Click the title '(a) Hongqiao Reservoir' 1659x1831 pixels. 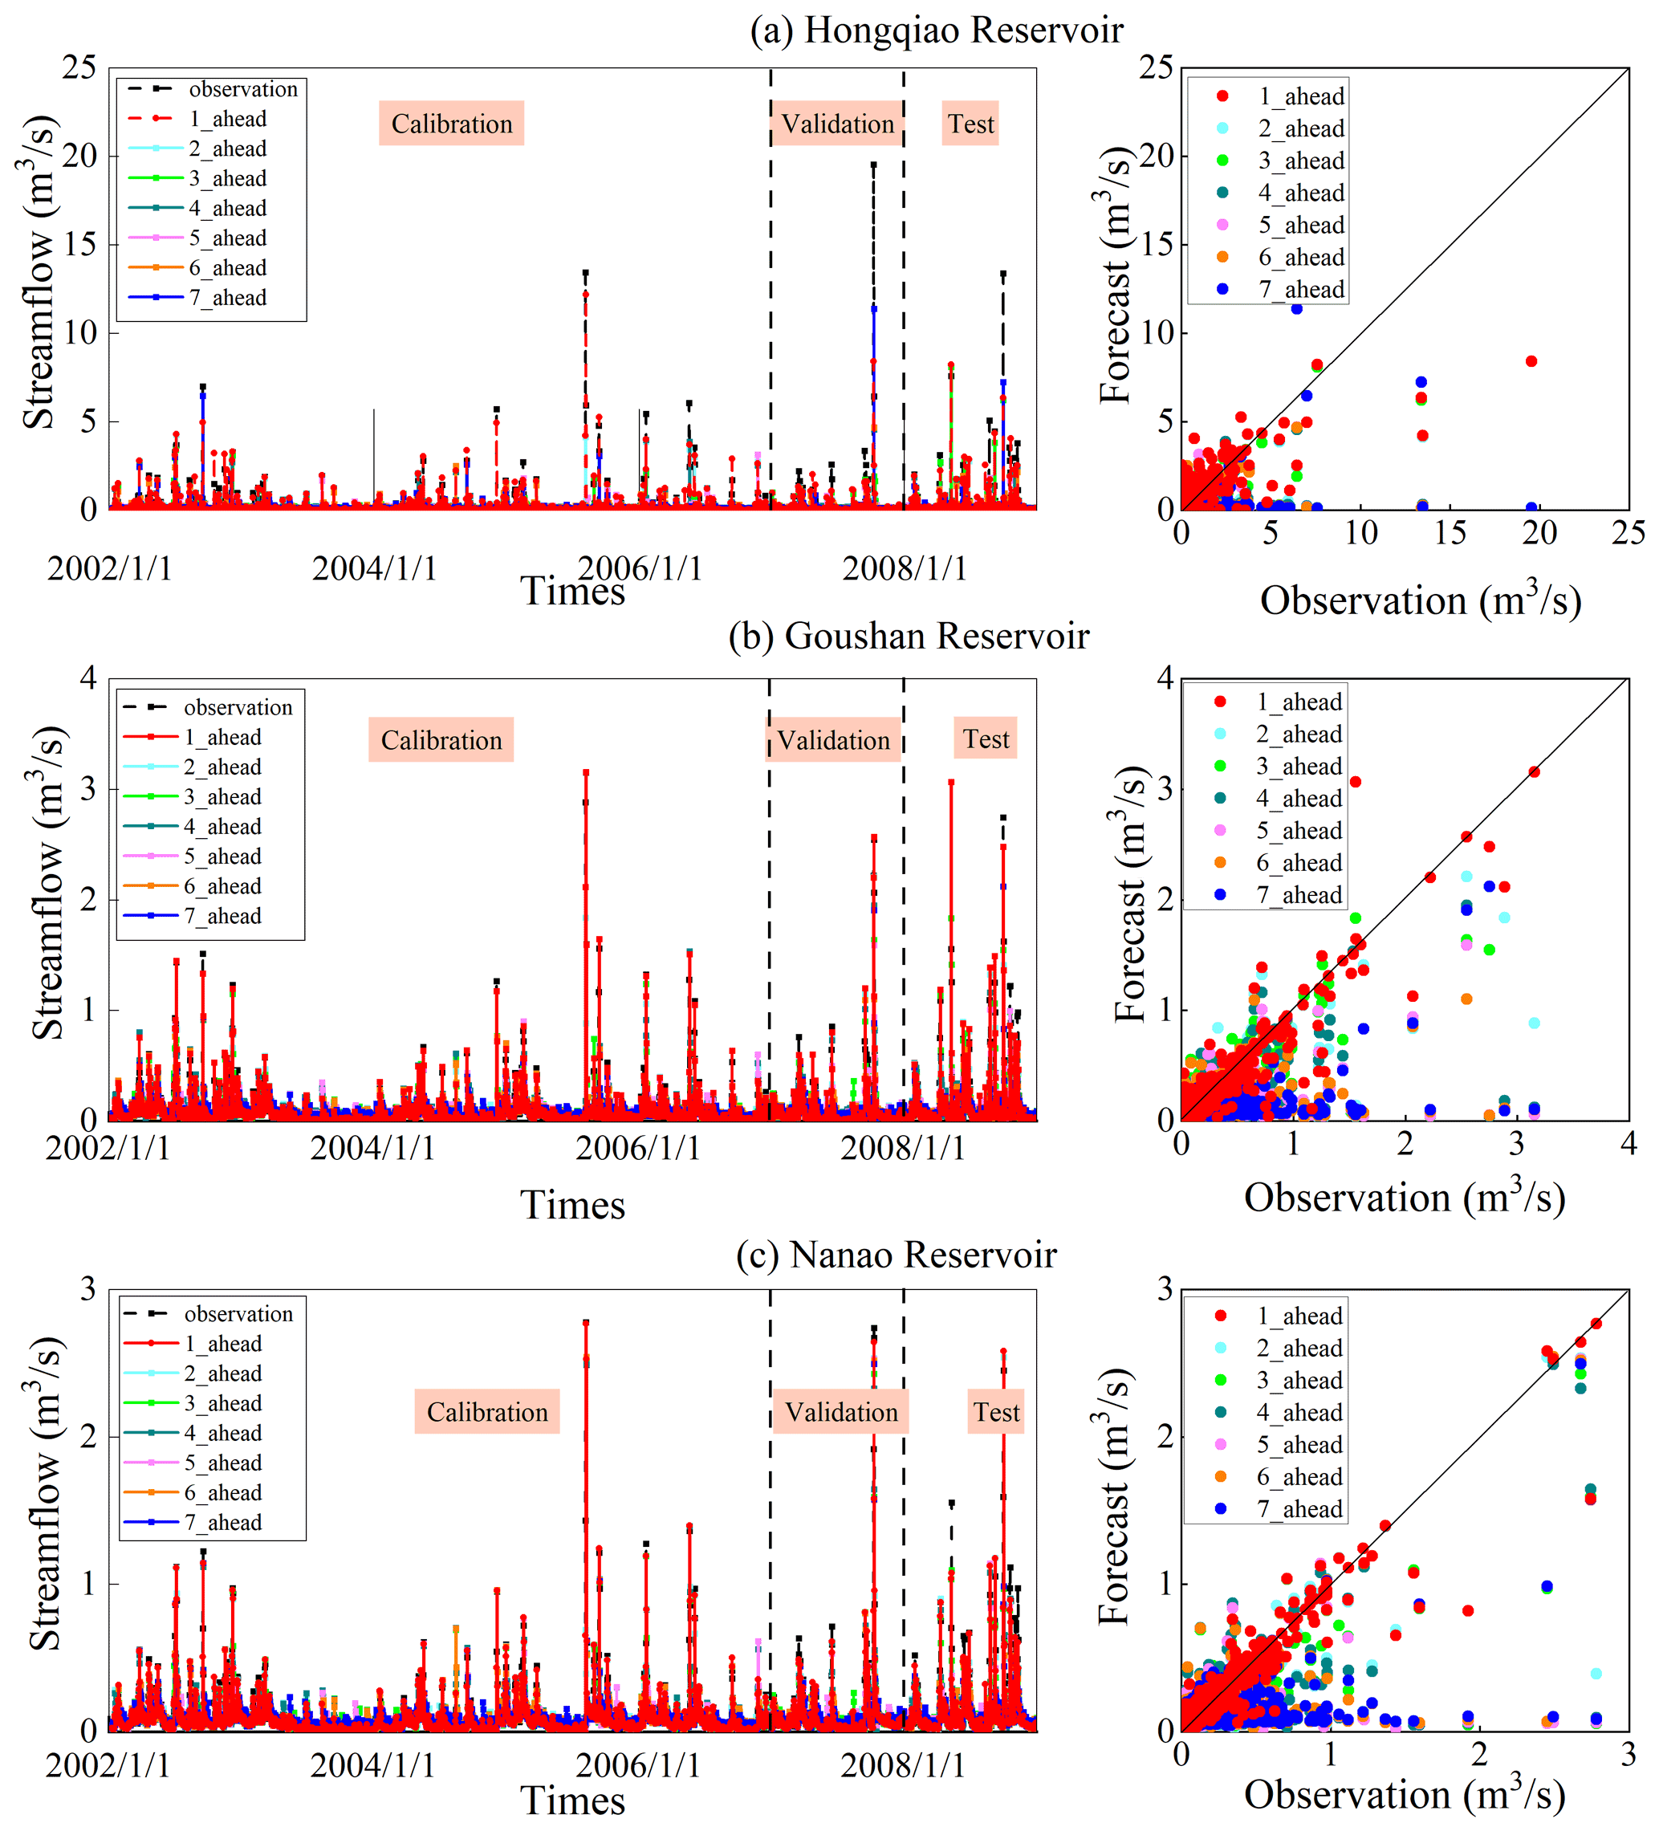point(936,30)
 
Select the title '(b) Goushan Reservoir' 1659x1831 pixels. point(908,636)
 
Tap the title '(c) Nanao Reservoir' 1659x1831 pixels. point(897,1255)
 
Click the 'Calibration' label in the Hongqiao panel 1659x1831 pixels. point(451,124)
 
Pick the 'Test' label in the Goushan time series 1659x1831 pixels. point(986,739)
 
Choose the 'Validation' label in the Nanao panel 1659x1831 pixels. point(841,1411)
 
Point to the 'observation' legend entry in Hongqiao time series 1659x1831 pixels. point(242,89)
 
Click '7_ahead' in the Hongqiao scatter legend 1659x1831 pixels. point(1300,290)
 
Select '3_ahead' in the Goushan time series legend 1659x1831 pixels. point(222,796)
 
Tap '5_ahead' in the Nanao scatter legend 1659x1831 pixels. point(1299,1444)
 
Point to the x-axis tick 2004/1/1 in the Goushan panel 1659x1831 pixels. point(372,1148)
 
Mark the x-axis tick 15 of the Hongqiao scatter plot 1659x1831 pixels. point(1450,533)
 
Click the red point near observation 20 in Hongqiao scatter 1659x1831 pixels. point(1531,361)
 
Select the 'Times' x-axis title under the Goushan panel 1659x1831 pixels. point(572,1205)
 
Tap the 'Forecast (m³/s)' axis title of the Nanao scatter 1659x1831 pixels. point(1113,1509)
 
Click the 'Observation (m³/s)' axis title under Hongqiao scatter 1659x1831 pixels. point(1420,600)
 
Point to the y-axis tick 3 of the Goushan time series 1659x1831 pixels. point(87,788)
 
